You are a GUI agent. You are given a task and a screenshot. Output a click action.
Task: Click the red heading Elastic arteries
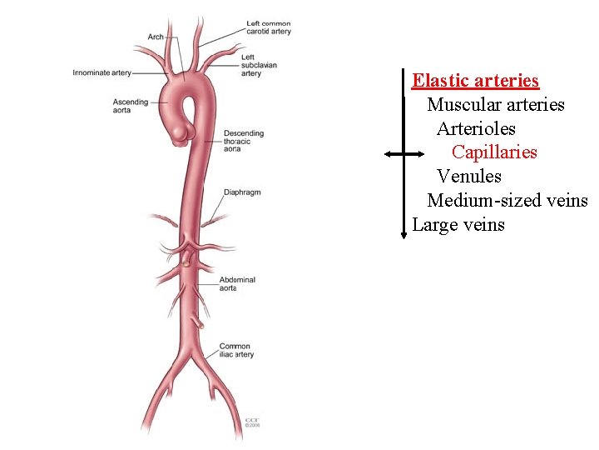pos(476,81)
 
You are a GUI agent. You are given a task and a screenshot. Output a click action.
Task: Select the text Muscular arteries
pos(496,105)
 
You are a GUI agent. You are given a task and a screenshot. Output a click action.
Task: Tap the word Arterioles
pos(476,129)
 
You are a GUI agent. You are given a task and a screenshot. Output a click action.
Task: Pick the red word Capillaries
pos(494,152)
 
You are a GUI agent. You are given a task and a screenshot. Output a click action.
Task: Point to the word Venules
pos(469,177)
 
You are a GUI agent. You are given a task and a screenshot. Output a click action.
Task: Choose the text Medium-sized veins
pos(507,201)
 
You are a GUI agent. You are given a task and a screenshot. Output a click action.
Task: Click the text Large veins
pos(458,225)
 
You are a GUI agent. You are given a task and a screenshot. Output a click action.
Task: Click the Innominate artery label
pos(101,72)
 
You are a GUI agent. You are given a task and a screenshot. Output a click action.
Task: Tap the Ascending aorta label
pos(131,106)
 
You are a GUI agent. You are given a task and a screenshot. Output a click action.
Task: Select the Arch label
pos(156,37)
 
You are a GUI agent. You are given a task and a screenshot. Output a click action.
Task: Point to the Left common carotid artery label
pos(269,27)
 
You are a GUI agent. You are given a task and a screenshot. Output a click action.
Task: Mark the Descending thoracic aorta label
pos(243,141)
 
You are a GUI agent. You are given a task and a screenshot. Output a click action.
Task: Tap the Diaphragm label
pos(242,192)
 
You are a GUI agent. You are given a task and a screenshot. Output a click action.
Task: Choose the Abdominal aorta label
pos(237,284)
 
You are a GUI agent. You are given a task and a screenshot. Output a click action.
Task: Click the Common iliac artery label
pos(236,351)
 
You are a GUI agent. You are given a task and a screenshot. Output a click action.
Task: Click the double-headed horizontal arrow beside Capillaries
pos(403,154)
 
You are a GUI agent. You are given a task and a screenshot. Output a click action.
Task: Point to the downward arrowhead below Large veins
pos(403,234)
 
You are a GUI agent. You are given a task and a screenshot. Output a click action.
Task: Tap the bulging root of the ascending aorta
pos(181,131)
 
